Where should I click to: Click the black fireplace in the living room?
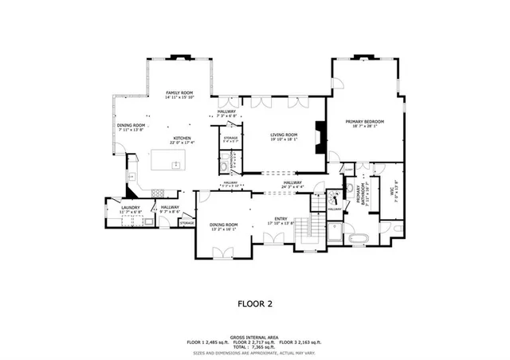(x=320, y=136)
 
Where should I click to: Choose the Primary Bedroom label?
(x=366, y=123)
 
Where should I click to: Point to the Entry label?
(x=281, y=221)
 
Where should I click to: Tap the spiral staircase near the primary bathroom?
(x=318, y=202)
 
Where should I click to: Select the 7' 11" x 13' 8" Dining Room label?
(x=131, y=127)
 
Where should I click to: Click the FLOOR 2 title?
(x=255, y=303)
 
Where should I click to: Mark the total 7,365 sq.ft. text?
(x=255, y=346)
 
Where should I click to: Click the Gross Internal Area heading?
(x=255, y=336)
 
